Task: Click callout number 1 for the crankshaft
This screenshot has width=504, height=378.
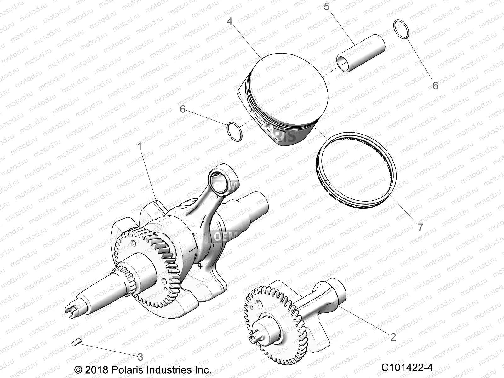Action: [140, 146]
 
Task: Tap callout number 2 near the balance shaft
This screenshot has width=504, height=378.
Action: [393, 337]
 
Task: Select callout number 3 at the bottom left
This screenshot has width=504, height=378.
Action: [140, 357]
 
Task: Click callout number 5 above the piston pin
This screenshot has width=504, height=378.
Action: [326, 6]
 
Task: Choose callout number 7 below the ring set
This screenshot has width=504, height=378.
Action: [420, 227]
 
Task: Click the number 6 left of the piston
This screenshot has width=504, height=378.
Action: [183, 109]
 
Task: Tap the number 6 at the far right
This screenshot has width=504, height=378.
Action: [435, 85]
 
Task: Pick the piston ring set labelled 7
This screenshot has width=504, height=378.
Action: [356, 170]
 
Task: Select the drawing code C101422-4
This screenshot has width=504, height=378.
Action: [407, 368]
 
